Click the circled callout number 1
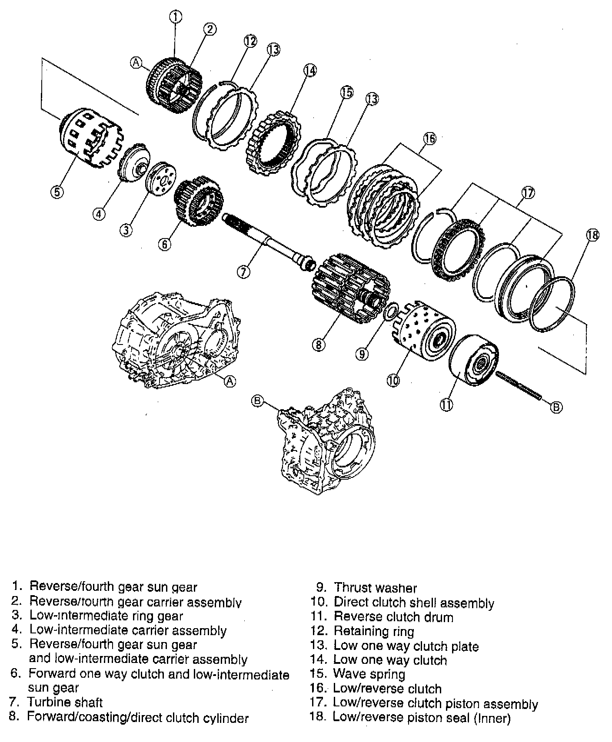click(x=175, y=17)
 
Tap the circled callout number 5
click(x=57, y=192)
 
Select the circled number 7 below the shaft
click(x=243, y=272)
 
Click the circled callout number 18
click(x=592, y=235)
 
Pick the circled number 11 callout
click(x=446, y=404)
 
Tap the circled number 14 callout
click(x=310, y=70)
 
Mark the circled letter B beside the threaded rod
click(x=556, y=407)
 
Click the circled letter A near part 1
click(x=136, y=63)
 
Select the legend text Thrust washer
click(x=375, y=588)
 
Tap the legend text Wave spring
click(x=369, y=674)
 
